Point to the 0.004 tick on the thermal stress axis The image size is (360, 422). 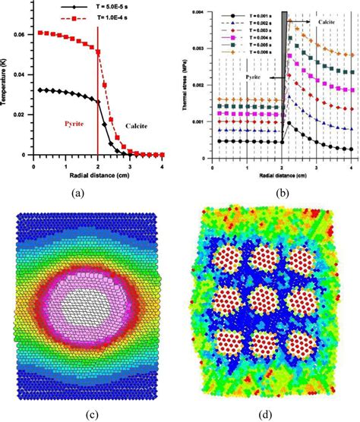tap(201, 12)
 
